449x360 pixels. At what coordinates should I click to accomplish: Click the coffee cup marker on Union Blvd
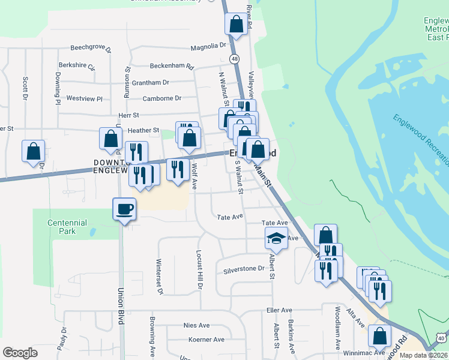click(x=124, y=209)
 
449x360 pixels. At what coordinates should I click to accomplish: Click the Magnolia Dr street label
click(x=208, y=46)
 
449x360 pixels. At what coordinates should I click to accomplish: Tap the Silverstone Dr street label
click(x=244, y=269)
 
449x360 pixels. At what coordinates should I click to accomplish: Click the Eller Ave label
click(x=279, y=310)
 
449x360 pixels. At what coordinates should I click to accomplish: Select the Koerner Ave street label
click(x=206, y=340)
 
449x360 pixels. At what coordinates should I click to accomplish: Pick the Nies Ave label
click(x=196, y=325)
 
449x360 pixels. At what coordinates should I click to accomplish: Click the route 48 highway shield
click(x=234, y=59)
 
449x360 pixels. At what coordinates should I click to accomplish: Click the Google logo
click(x=20, y=353)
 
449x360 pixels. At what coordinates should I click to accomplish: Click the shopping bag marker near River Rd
click(x=236, y=25)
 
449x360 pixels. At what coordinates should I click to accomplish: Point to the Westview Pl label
click(x=85, y=98)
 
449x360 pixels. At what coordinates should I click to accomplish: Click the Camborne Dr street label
click(x=162, y=98)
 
